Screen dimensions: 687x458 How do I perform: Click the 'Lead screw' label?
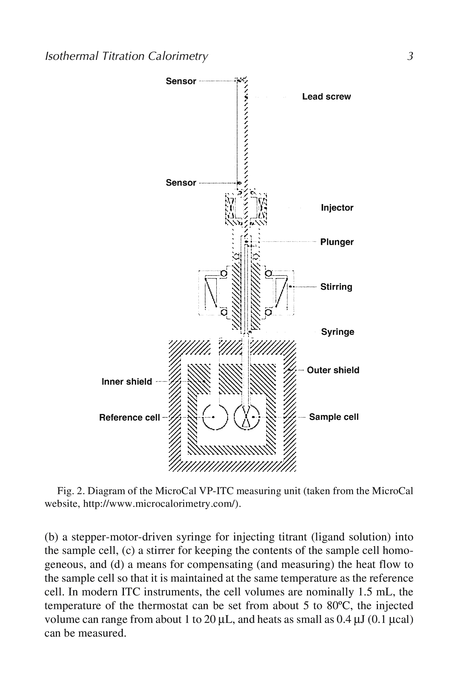point(326,97)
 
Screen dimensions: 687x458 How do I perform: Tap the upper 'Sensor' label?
point(181,81)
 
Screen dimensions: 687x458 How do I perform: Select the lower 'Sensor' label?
point(181,183)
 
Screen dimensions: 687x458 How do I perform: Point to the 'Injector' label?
point(337,208)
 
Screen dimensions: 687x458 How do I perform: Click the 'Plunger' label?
point(337,242)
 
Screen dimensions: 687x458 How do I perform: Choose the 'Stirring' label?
point(336,287)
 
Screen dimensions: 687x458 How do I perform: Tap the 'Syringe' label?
point(338,332)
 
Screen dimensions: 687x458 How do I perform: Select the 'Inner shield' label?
point(127,382)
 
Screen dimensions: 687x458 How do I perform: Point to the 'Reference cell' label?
point(130,417)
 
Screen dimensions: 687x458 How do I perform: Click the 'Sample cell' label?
point(334,417)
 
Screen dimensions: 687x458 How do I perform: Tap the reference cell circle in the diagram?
point(215,417)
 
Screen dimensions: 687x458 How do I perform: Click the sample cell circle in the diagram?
point(247,417)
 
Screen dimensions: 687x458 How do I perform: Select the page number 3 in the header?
point(410,56)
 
